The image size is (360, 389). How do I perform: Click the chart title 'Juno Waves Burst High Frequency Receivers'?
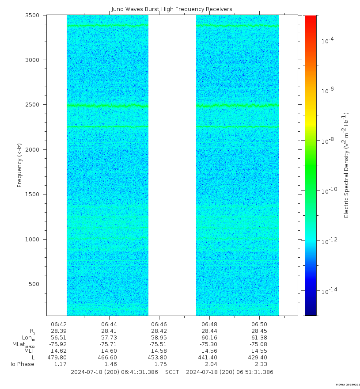tap(171, 9)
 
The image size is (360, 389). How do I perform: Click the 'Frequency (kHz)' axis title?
tap(19, 164)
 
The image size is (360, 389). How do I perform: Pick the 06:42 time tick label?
tap(59, 324)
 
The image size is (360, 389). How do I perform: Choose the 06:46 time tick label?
tap(159, 324)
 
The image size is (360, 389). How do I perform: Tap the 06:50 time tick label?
tap(259, 324)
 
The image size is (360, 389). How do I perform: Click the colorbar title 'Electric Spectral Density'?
tap(347, 165)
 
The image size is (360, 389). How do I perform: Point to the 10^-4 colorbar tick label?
tap(327, 40)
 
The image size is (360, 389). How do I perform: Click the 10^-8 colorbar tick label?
tap(327, 141)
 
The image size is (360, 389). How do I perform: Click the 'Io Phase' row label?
tap(23, 364)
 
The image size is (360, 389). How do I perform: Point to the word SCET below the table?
tap(172, 372)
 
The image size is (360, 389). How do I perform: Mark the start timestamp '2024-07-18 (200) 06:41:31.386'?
tap(114, 372)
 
